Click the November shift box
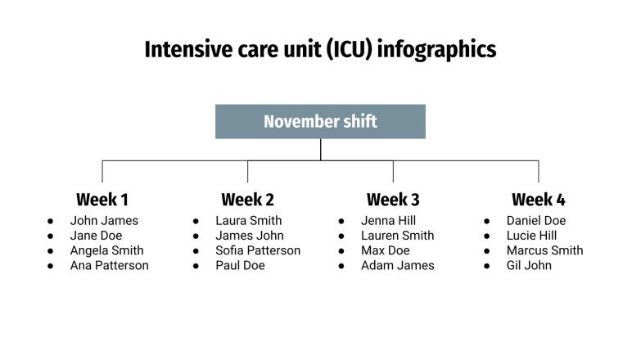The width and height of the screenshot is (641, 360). point(320,122)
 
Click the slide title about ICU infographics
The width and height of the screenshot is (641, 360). point(320,50)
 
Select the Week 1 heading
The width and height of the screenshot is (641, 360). point(102,200)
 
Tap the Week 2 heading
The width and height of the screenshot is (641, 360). point(247,200)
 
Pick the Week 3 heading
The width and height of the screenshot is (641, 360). point(393,200)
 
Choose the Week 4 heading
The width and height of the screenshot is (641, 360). point(538,200)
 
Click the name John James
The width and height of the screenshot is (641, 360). point(104,221)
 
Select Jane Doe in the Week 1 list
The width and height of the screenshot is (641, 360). point(96,236)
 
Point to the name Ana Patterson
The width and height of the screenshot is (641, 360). point(109,266)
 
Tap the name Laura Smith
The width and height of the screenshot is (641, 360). point(248,221)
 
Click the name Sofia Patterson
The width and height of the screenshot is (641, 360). point(258,251)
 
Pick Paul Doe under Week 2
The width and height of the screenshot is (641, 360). point(240,266)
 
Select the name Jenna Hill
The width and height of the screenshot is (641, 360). point(389,221)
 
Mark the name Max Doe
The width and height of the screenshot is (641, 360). point(385,251)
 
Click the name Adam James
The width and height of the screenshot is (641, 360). point(397,266)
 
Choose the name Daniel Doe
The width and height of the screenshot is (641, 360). point(535,221)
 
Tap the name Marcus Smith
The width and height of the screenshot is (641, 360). point(544,251)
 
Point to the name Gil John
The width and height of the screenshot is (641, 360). point(529,266)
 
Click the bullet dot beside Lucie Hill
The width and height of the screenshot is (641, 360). point(487,236)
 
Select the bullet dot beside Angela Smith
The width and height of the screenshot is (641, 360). point(51,251)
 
